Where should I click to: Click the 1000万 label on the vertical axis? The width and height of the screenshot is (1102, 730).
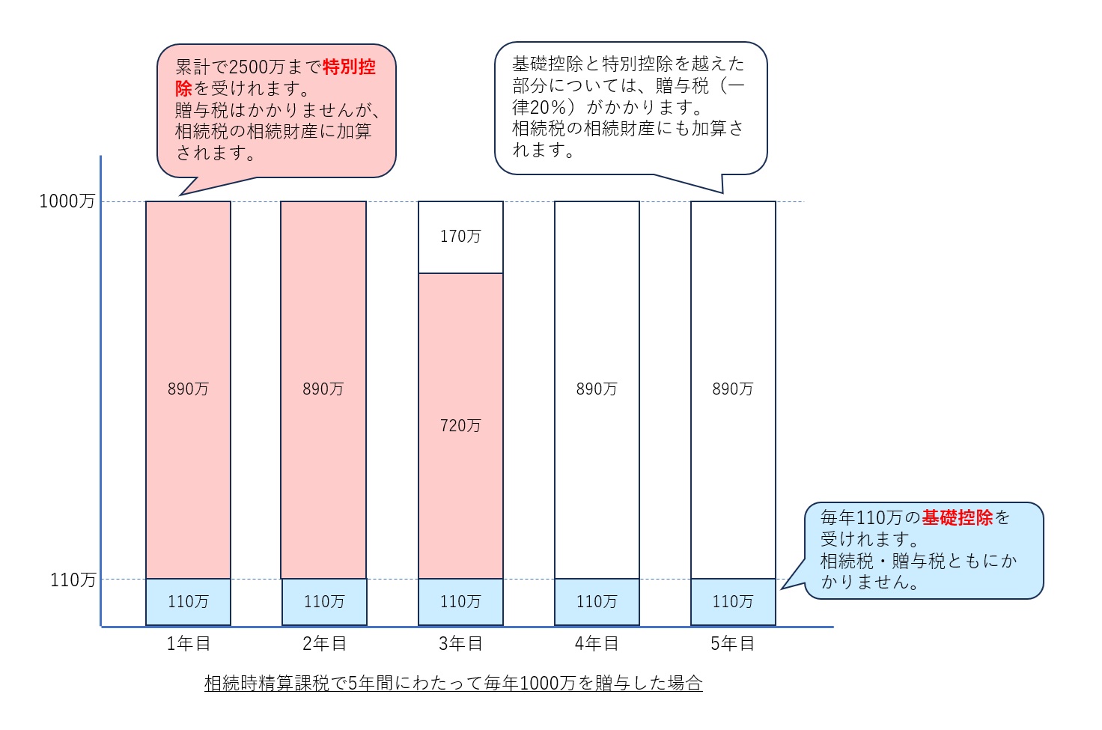click(x=67, y=201)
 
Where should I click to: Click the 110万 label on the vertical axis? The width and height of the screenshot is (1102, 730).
click(x=73, y=580)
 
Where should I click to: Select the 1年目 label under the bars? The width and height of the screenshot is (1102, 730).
click(x=188, y=643)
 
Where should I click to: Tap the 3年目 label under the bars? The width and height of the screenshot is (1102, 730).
click(x=460, y=643)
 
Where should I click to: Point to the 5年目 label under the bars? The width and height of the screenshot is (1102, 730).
click(x=732, y=643)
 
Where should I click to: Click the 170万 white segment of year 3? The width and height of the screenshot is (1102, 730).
click(x=460, y=237)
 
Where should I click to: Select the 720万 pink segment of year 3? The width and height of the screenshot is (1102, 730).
click(x=460, y=426)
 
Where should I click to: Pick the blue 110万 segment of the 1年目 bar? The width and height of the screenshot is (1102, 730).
click(x=188, y=601)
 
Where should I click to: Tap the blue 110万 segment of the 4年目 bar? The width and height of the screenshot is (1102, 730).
click(x=597, y=601)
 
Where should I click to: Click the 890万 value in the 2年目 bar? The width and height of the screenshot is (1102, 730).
click(x=323, y=389)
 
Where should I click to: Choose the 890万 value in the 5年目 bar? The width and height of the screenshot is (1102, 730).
click(x=732, y=389)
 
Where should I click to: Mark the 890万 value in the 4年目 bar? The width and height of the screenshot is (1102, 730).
click(x=597, y=389)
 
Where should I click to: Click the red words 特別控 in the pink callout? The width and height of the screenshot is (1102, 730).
click(x=349, y=67)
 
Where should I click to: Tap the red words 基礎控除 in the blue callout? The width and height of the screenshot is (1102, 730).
click(x=957, y=517)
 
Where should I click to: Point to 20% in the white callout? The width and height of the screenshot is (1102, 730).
click(x=547, y=107)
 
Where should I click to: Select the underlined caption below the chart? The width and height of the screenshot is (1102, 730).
click(x=453, y=683)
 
